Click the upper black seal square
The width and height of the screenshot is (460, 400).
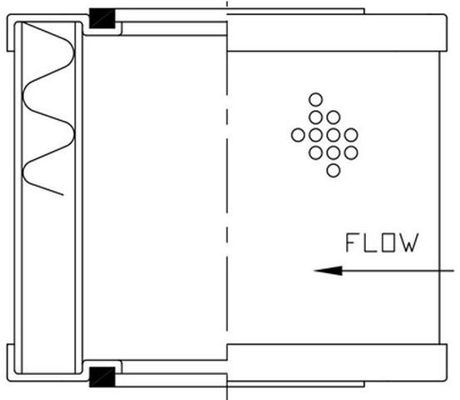pyautogui.click(x=102, y=18)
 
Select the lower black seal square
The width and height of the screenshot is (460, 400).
pyautogui.click(x=102, y=377)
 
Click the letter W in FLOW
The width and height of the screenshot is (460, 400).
pyautogui.click(x=409, y=242)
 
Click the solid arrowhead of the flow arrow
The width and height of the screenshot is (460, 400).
pyautogui.click(x=328, y=271)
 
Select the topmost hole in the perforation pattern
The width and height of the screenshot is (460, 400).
pyautogui.click(x=315, y=100)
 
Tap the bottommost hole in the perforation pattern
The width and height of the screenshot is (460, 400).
pyautogui.click(x=334, y=171)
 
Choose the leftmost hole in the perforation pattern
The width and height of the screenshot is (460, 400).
pyautogui.click(x=298, y=135)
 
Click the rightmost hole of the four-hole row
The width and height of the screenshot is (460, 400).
pyautogui.click(x=351, y=135)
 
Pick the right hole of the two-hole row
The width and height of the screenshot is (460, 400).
pyautogui.click(x=334, y=117)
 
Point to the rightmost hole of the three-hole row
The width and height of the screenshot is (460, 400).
pyautogui.click(x=351, y=152)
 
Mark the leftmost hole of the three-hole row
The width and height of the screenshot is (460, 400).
pyautogui.click(x=315, y=152)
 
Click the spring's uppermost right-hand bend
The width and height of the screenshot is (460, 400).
pyautogui.click(x=74, y=53)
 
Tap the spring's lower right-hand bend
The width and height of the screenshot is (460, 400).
pyautogui.click(x=74, y=135)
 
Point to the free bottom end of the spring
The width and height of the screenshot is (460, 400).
pyautogui.click(x=62, y=194)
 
